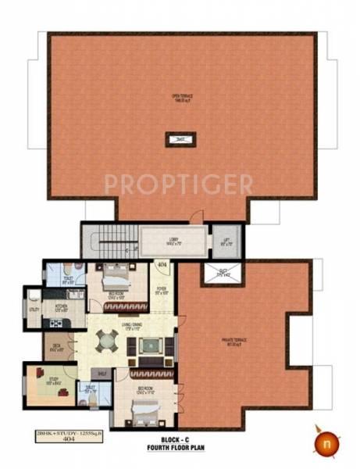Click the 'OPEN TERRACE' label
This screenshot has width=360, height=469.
[x=181, y=98]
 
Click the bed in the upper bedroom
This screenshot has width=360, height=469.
[x=115, y=277]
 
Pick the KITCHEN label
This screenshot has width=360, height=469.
[x=61, y=307]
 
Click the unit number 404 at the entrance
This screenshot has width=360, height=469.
[x=162, y=266]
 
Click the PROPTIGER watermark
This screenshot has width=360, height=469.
[x=179, y=184]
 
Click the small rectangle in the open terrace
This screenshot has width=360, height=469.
[x=180, y=140]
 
